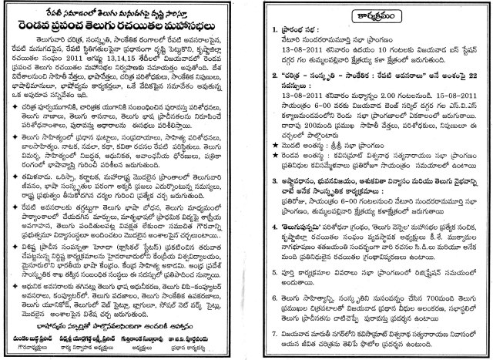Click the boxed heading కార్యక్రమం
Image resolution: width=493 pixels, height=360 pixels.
point(369,16)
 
